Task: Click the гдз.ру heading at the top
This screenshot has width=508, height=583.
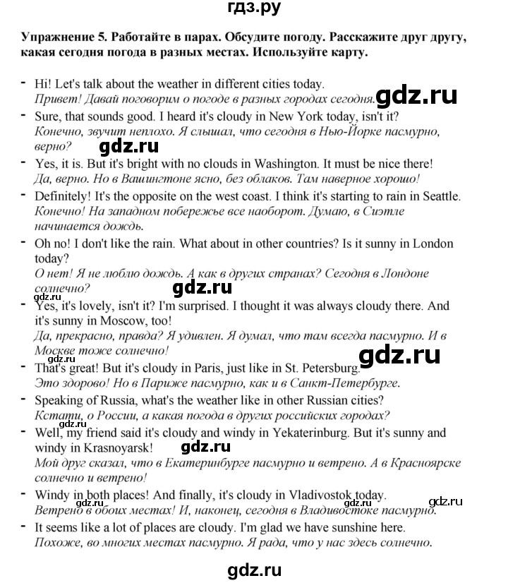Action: tap(254, 11)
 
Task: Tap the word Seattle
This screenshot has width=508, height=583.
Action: tap(437, 196)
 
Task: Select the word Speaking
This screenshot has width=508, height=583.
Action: tap(60, 401)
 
